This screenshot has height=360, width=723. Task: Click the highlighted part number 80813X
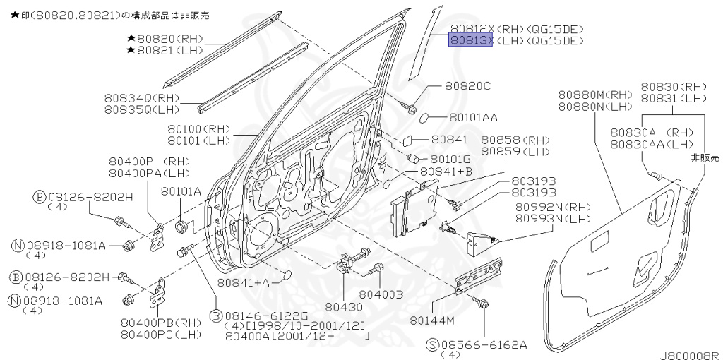471,41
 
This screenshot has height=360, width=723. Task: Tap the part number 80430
343,306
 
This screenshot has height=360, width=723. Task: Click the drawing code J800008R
690,355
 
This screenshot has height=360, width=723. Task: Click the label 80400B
381,293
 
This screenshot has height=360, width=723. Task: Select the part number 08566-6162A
485,344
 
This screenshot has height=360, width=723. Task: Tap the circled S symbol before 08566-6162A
432,344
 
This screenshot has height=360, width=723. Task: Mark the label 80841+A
243,282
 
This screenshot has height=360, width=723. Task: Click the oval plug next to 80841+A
285,275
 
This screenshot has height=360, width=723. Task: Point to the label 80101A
181,191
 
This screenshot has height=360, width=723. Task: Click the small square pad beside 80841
409,140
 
